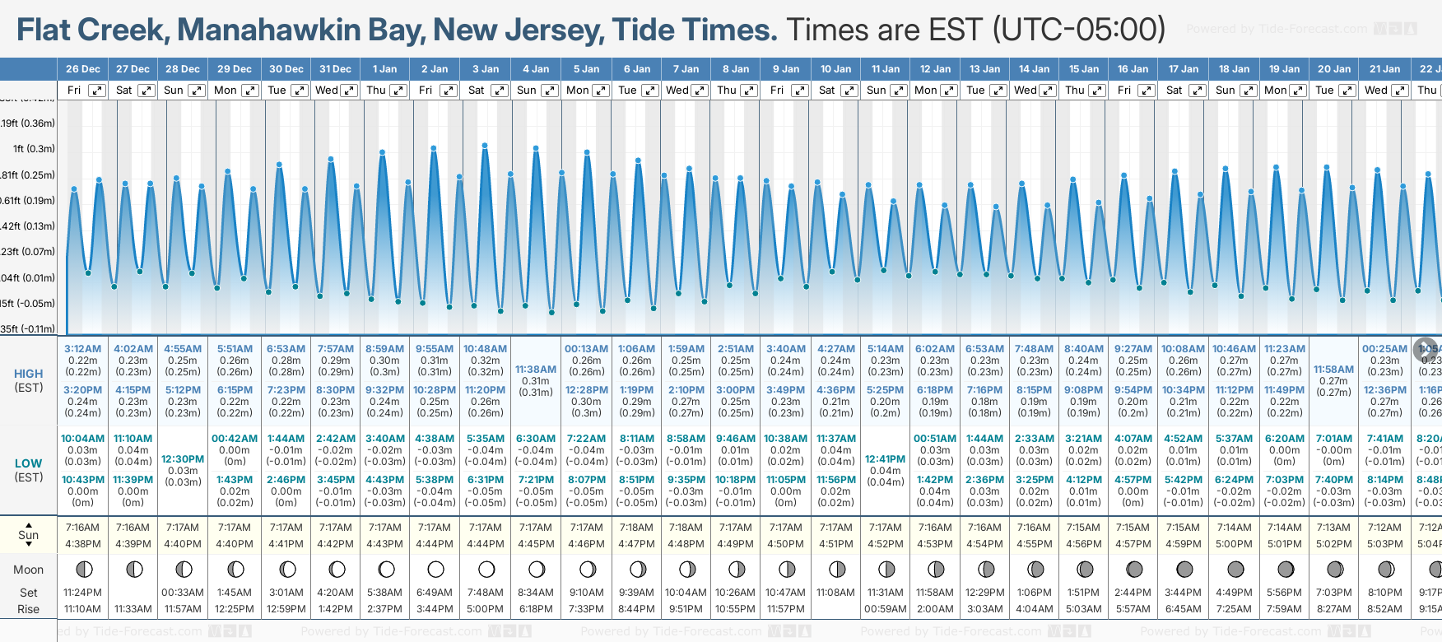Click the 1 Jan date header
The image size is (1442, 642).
384,69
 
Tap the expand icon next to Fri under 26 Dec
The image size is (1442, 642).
97,91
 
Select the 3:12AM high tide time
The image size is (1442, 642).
82,349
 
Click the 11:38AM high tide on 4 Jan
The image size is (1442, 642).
536,370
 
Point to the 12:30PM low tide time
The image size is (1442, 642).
183,459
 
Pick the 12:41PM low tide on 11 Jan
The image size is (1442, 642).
885,459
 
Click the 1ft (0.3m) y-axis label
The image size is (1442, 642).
34,149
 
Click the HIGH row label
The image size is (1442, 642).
29,374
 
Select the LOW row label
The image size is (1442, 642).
29,463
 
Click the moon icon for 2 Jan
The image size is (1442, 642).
435,569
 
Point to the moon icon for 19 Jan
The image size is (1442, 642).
1285,569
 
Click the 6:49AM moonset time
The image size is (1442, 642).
435,593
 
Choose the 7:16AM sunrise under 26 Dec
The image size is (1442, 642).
82,528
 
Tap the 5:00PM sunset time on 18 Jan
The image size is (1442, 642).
1234,544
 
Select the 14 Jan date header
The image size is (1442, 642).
1034,69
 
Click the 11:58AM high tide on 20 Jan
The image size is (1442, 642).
1333,370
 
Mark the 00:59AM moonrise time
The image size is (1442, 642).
885,609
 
